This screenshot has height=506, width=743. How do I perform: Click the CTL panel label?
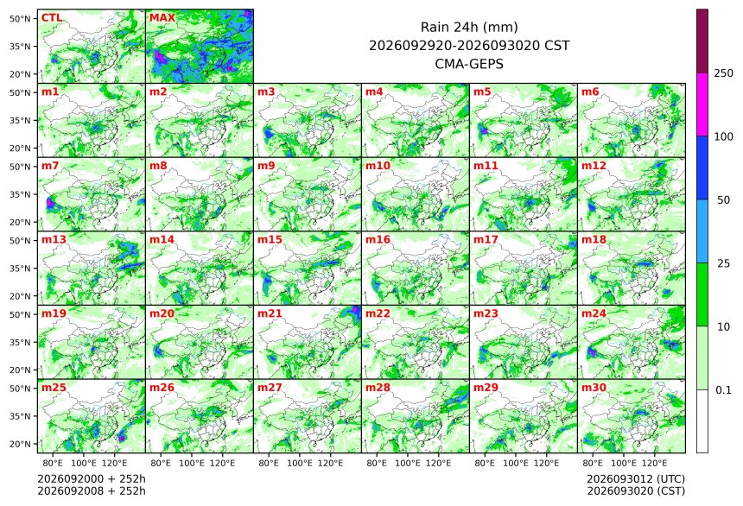tap(52, 18)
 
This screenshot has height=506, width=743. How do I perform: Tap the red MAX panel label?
tap(162, 18)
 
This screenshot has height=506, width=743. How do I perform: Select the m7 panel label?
tap(50, 166)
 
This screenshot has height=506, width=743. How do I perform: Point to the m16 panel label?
tap(378, 240)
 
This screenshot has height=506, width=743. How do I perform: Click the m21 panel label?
tap(270, 313)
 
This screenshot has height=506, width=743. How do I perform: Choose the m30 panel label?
tap(594, 388)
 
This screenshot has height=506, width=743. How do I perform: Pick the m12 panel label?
tap(594, 166)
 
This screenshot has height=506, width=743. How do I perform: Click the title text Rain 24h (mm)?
tap(469, 27)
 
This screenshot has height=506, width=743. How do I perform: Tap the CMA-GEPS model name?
tap(469, 63)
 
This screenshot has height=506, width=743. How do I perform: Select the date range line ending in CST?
tap(469, 46)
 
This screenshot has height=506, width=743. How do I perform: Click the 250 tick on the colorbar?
tap(723, 73)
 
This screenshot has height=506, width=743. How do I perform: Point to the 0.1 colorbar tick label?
tap(723, 390)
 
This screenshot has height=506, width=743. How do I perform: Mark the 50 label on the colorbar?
tap(723, 200)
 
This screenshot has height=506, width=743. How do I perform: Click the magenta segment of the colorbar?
tap(702, 104)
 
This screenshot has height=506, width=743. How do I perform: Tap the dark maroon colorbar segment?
tap(702, 41)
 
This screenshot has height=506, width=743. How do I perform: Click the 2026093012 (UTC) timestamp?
tap(636, 479)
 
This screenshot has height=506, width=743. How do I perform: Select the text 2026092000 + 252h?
tap(92, 479)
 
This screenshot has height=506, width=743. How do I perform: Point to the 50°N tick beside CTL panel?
tap(20, 18)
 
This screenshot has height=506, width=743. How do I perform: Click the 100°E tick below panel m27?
tap(299, 463)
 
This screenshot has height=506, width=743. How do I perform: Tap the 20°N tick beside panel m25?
tap(20, 444)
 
